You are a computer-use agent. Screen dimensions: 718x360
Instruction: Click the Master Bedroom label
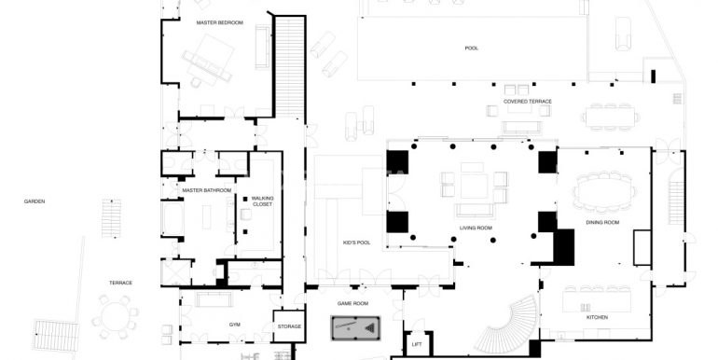pos(219,22)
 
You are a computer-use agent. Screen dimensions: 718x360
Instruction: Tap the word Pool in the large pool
pos(471,48)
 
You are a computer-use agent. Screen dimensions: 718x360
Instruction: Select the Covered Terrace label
pos(528,102)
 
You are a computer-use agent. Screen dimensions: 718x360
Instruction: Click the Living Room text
pos(476,228)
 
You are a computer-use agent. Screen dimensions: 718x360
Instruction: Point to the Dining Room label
pos(602,222)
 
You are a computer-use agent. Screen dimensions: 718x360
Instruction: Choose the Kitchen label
pos(597,317)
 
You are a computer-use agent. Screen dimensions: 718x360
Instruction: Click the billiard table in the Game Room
pos(355,327)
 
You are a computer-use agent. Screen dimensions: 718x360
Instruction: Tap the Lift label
pos(417,344)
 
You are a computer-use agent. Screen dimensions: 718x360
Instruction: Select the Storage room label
pos(289,326)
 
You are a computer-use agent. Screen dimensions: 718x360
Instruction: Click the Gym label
pos(234,325)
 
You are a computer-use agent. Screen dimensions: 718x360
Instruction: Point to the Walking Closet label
pos(262,201)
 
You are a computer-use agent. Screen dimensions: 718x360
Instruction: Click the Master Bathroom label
pos(206,190)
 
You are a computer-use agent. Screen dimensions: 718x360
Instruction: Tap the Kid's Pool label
pos(357,242)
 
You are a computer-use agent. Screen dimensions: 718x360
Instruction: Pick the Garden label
pos(35,201)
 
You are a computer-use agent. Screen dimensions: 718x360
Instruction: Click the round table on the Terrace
pos(115,316)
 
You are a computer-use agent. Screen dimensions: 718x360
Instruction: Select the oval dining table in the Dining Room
pos(604,191)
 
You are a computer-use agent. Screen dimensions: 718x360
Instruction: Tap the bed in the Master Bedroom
pos(209,60)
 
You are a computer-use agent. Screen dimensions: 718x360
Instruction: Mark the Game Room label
pos(352,303)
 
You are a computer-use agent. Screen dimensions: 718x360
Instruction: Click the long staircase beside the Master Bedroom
pos(289,67)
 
